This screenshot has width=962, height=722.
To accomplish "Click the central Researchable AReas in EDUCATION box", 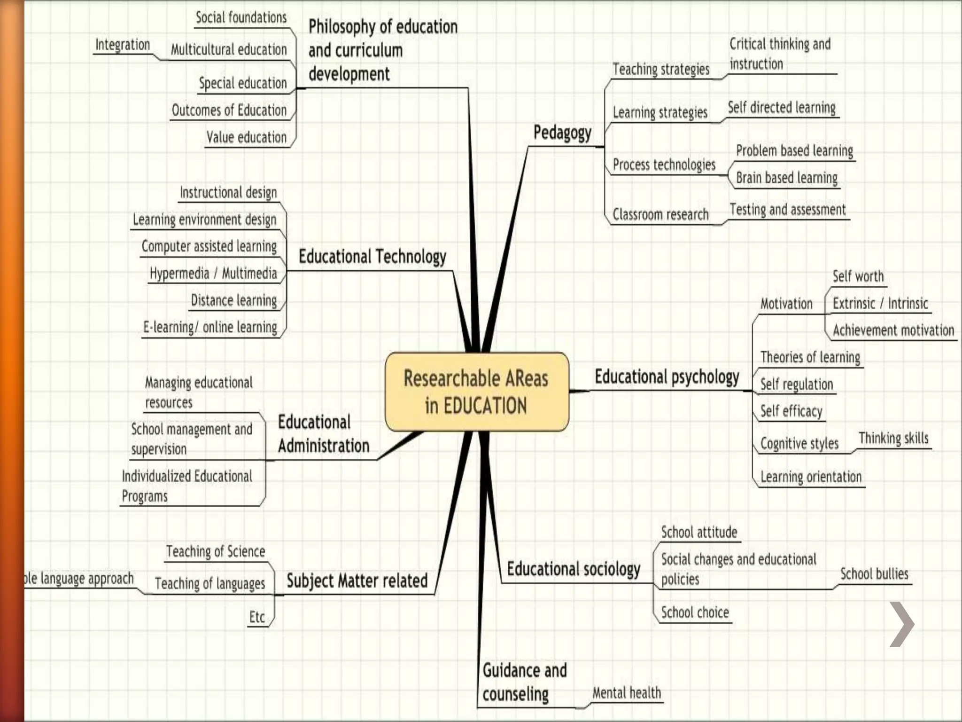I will [x=476, y=392].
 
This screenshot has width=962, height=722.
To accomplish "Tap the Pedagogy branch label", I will [x=562, y=133].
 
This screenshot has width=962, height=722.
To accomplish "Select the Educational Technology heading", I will [x=372, y=257].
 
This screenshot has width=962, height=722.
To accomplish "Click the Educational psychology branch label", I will [x=667, y=377].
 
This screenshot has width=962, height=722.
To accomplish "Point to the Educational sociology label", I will [x=573, y=569].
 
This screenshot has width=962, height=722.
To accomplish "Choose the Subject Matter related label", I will [x=357, y=581].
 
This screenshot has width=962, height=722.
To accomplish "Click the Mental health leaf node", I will [x=626, y=693].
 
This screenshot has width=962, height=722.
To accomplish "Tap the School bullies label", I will [x=874, y=574].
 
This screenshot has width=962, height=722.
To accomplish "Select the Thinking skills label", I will [x=893, y=438].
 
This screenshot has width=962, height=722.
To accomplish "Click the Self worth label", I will [x=858, y=276].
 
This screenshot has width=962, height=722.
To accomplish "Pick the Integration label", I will [x=123, y=45].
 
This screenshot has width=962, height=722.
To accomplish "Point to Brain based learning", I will [x=786, y=178].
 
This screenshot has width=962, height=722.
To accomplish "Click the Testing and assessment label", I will [x=787, y=210].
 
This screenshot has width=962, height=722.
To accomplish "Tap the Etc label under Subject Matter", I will [x=257, y=617].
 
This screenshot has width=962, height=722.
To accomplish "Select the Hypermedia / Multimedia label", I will [x=213, y=273].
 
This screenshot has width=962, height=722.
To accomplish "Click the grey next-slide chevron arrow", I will [x=901, y=624].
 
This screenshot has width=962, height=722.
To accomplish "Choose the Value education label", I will [x=246, y=137].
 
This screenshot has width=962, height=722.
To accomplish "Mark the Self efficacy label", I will [x=791, y=411].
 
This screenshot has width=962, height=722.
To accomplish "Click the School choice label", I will [x=695, y=612].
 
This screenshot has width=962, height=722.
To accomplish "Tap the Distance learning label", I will [x=233, y=300].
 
